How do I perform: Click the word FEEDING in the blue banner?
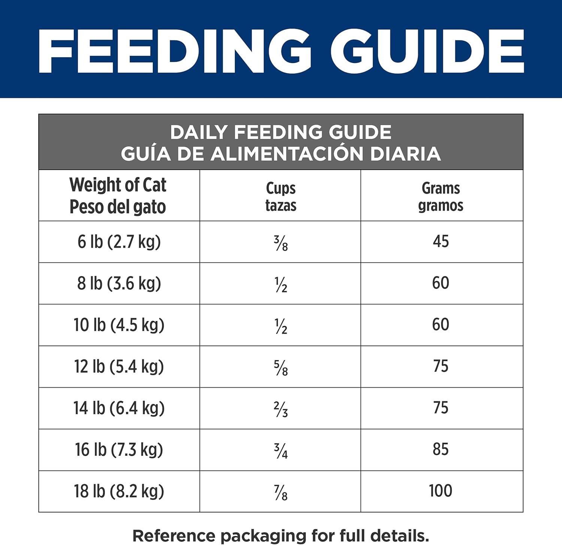[x=174, y=51]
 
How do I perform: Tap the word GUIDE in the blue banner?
[x=427, y=51]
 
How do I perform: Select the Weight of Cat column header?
[x=118, y=196]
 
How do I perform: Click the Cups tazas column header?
[x=281, y=197]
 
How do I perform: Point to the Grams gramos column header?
[x=441, y=197]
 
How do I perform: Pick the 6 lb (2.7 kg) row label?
[x=119, y=242]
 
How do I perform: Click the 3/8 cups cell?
[x=281, y=243]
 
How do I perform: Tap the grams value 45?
[x=441, y=241]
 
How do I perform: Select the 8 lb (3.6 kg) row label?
[x=119, y=283]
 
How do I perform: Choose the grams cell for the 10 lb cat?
[x=441, y=324]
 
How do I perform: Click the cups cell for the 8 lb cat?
[x=281, y=285]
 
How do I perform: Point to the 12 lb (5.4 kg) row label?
[x=119, y=366]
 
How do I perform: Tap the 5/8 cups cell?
[x=281, y=368]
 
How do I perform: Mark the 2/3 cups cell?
[x=281, y=409]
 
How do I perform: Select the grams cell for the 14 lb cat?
[x=441, y=408]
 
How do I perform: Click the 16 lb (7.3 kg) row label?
[x=119, y=449]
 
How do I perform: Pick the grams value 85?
[x=441, y=449]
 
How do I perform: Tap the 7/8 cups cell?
[x=281, y=493]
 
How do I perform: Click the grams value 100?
[x=441, y=491]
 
